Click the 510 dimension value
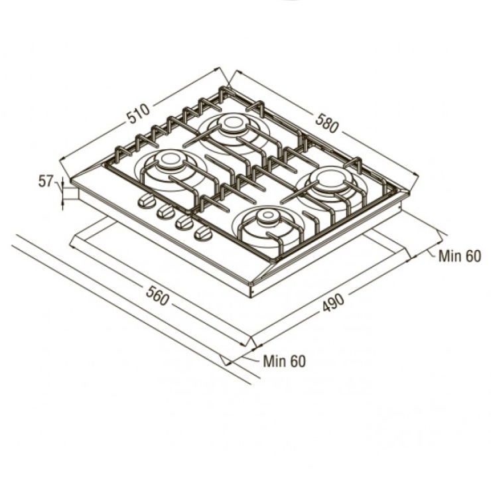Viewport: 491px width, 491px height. click(139, 114)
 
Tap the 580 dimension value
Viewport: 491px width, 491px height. click(327, 123)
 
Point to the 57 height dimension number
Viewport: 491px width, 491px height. click(45, 181)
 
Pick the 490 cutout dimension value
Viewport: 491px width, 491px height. click(333, 303)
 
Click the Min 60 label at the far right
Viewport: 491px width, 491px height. click(459, 256)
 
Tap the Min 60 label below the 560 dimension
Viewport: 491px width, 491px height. click(285, 361)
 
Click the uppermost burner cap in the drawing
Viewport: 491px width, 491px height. click(232, 123)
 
